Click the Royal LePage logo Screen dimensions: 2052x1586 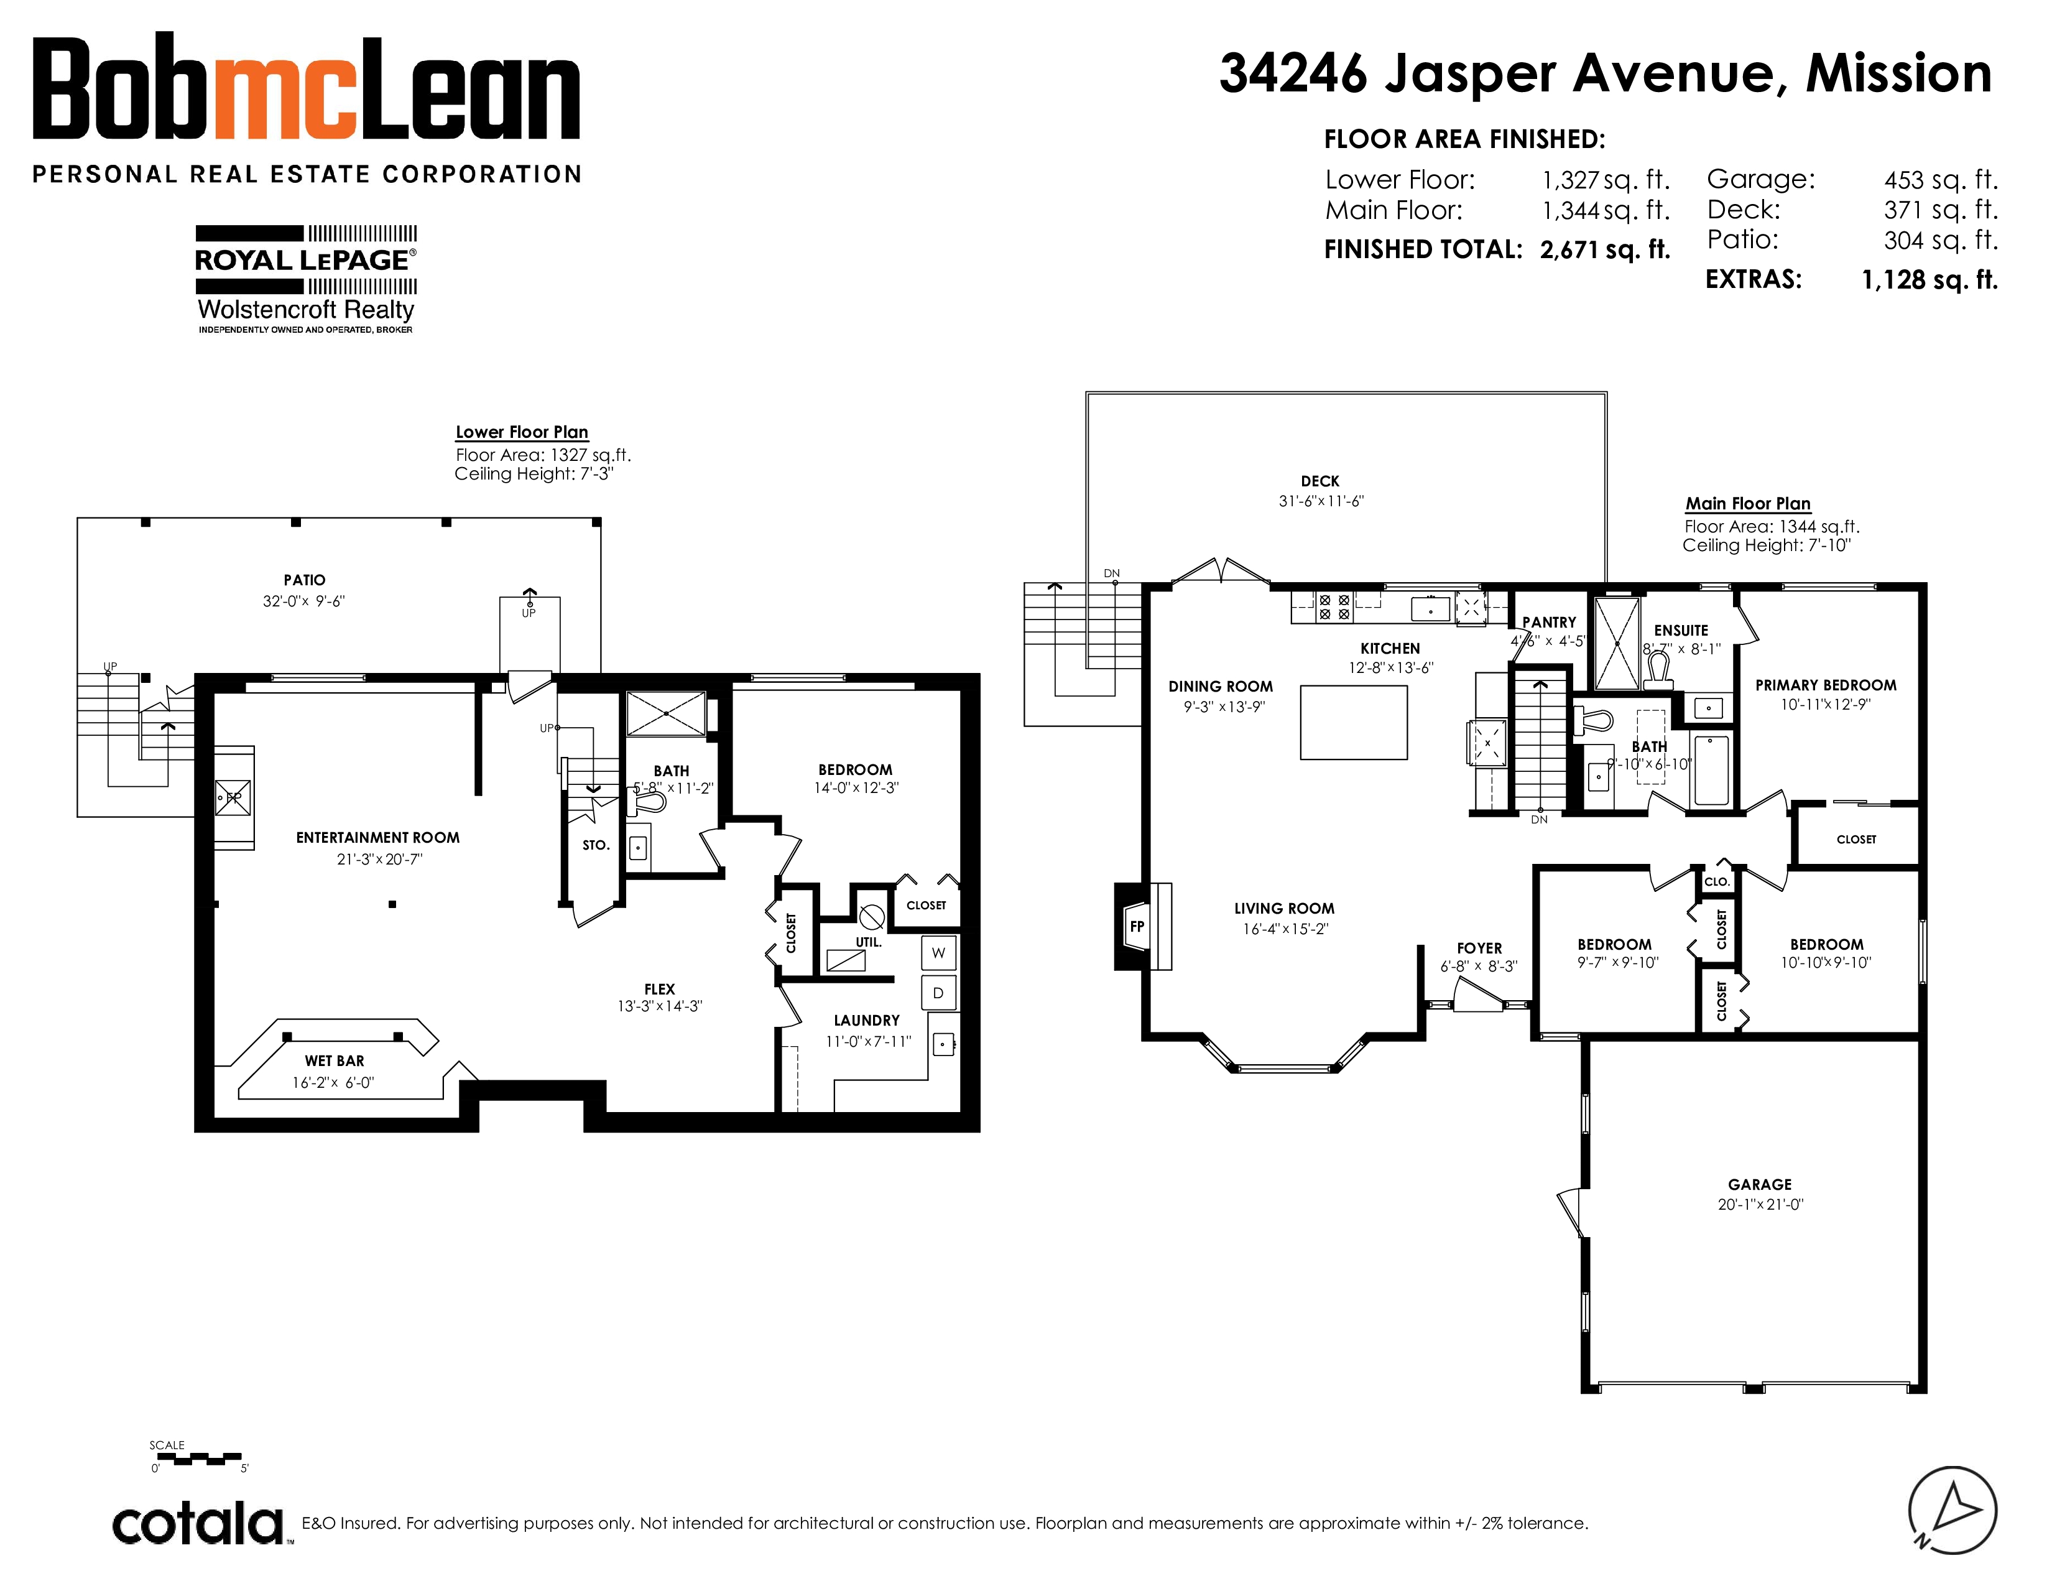click(307, 279)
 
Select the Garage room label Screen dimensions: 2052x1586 click(1760, 1185)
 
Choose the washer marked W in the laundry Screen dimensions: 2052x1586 click(938, 953)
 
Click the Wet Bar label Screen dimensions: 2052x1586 click(335, 1061)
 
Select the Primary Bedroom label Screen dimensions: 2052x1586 click(1826, 685)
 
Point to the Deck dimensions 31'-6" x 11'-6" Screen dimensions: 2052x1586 click(1321, 501)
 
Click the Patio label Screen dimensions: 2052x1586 click(305, 580)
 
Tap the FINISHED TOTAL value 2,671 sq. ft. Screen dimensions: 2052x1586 click(1606, 250)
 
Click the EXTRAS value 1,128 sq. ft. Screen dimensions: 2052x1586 click(1930, 280)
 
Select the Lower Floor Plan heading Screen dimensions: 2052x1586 click(522, 432)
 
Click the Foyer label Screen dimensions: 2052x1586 click(1479, 948)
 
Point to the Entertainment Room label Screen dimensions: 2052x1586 click(377, 837)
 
